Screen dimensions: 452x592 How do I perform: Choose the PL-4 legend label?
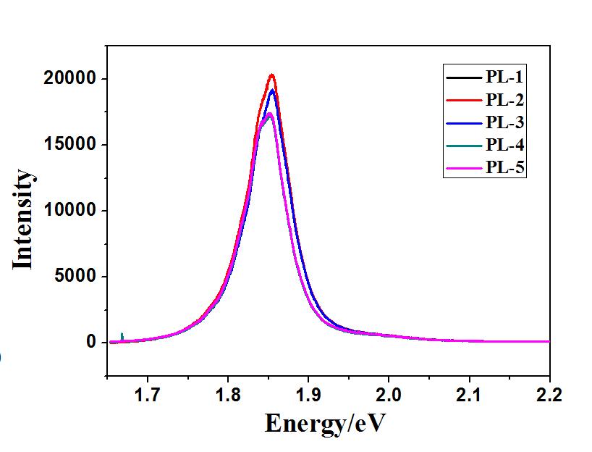click(x=505, y=146)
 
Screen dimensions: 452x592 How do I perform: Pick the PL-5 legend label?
click(x=505, y=168)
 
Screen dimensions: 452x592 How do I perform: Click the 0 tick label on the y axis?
click(x=92, y=342)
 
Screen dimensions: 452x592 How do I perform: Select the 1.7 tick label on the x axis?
click(x=148, y=395)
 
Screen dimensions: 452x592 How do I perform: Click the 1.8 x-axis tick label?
click(x=228, y=395)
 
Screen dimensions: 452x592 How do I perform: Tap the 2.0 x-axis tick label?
click(x=389, y=395)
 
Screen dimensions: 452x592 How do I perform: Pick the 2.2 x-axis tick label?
click(x=549, y=395)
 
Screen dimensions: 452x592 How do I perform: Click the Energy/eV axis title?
click(x=325, y=422)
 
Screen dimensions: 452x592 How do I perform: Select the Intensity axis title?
click(x=24, y=219)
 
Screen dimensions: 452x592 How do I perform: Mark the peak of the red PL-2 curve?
click(x=271, y=75)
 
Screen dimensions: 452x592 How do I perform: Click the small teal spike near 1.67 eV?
click(x=122, y=335)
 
